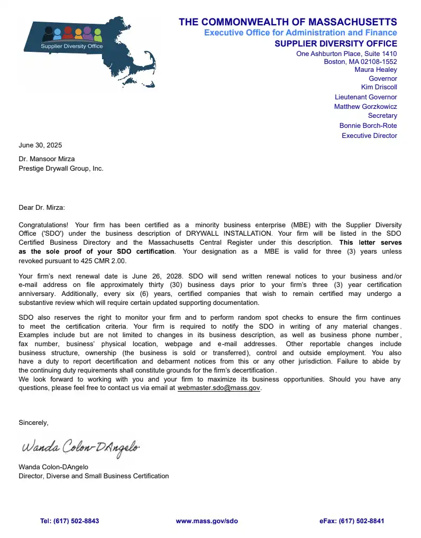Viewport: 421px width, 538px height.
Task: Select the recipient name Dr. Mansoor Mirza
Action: pos(47,159)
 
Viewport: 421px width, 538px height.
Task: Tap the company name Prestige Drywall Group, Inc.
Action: pos(61,169)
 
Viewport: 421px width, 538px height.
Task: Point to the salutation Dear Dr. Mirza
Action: pos(42,208)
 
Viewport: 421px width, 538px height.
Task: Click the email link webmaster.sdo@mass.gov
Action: pos(218,388)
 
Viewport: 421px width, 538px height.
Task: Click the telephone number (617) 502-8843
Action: pos(76,521)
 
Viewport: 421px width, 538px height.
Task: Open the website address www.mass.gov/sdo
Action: pos(207,521)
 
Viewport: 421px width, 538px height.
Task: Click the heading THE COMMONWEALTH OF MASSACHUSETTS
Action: pos(288,22)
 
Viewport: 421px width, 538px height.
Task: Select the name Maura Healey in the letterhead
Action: pos(376,70)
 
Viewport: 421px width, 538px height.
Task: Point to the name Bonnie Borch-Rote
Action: pos(368,126)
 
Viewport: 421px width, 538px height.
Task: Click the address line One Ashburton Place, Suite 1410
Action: pos(346,54)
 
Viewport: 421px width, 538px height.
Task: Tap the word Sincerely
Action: pos(33,423)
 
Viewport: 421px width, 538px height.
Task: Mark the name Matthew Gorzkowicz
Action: pos(365,107)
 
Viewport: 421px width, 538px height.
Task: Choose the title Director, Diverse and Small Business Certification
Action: pos(94,476)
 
